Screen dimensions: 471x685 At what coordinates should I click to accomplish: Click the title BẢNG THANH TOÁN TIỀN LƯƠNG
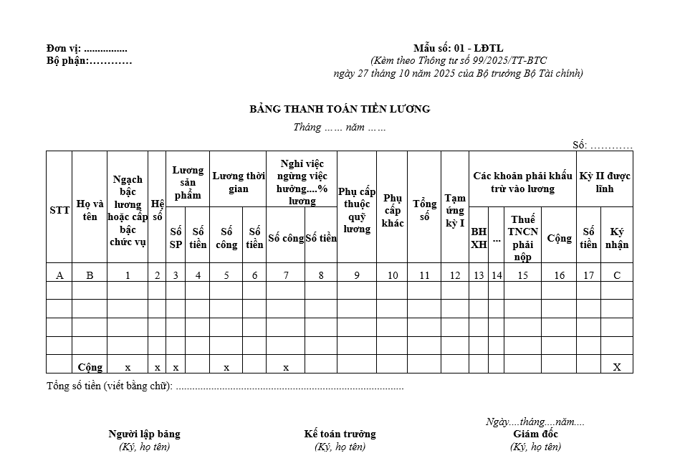[340, 109]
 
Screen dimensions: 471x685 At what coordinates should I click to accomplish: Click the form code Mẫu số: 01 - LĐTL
[458, 49]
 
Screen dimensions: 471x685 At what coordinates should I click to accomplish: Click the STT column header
[59, 210]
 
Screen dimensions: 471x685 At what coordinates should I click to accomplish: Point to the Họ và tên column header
[90, 210]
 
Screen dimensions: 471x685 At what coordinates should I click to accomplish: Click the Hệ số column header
[157, 210]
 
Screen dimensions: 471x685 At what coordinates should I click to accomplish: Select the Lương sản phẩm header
[188, 182]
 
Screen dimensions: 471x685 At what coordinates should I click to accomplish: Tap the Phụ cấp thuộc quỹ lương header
[357, 210]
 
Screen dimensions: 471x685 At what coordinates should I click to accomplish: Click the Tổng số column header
[424, 210]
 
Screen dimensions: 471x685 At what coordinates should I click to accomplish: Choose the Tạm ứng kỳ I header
[455, 210]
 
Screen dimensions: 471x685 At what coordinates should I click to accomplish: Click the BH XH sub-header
[479, 238]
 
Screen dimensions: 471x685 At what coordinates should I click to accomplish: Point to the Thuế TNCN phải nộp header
[522, 238]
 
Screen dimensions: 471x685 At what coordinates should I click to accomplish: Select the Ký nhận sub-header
[617, 238]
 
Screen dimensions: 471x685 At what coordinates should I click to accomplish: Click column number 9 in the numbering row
[357, 275]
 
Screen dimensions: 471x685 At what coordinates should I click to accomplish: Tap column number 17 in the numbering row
[588, 275]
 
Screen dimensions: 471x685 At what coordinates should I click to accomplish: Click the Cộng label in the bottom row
[90, 367]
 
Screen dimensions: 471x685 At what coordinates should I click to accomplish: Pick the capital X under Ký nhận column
[617, 367]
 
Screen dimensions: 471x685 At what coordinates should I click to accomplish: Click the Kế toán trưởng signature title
[340, 434]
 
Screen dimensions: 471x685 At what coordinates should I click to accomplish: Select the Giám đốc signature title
[535, 434]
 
